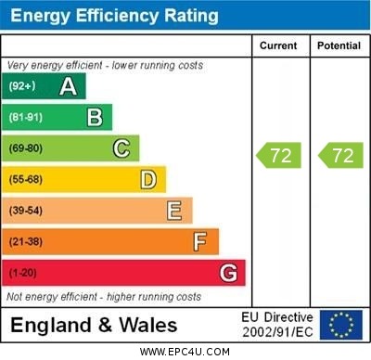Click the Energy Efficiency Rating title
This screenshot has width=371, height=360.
pyautogui.click(x=114, y=16)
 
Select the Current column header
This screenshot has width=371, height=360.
pyautogui.click(x=278, y=45)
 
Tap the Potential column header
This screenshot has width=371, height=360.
pyautogui.click(x=339, y=45)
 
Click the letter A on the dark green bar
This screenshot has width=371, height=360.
pyautogui.click(x=68, y=87)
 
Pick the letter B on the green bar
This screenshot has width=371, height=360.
pyautogui.click(x=95, y=118)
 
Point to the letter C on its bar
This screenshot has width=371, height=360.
pyautogui.click(x=122, y=148)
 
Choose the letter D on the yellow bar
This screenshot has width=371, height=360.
pyautogui.click(x=148, y=179)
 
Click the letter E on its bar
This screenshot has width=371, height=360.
pyautogui.click(x=174, y=211)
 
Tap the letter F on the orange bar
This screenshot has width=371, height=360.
pyautogui.click(x=200, y=242)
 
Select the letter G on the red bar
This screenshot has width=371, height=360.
pyautogui.click(x=228, y=273)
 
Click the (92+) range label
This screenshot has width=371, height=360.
pyautogui.click(x=22, y=87)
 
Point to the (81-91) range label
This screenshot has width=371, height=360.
pyautogui.click(x=26, y=118)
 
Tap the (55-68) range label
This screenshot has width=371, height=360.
pyautogui.click(x=26, y=179)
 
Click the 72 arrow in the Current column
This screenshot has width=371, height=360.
pyautogui.click(x=279, y=155)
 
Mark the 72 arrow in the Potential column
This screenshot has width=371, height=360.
pyautogui.click(x=340, y=155)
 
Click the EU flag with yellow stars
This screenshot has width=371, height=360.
pyautogui.click(x=341, y=324)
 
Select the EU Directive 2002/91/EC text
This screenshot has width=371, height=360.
pyautogui.click(x=278, y=325)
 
